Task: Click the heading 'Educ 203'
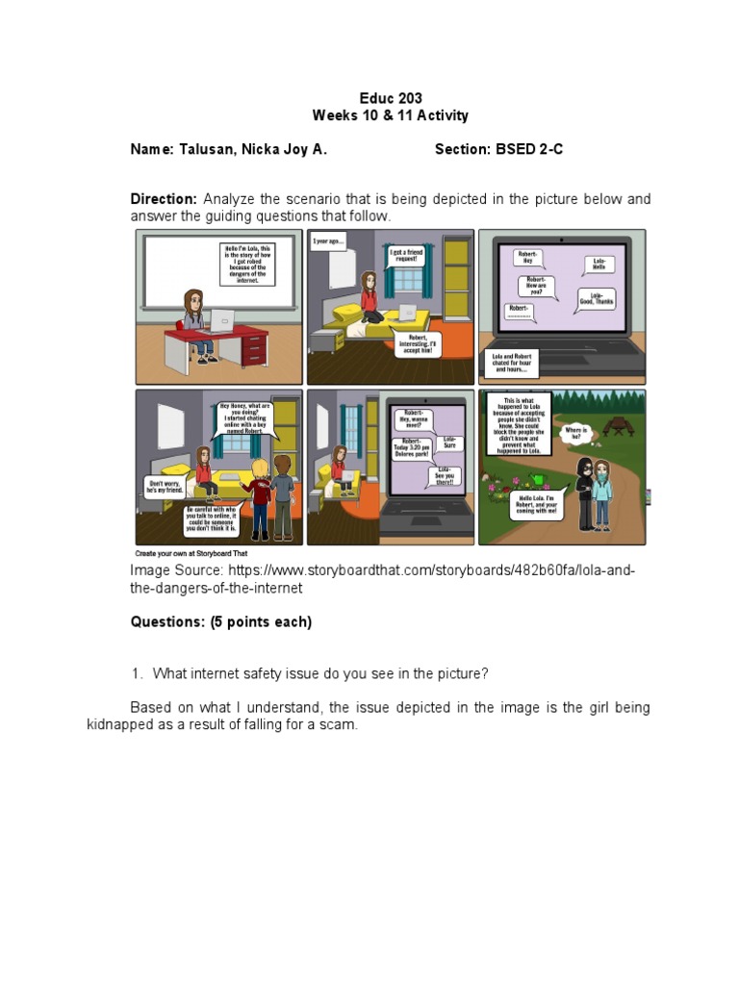[x=390, y=98]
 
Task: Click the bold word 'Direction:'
[x=164, y=199]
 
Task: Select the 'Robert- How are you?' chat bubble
[x=535, y=286]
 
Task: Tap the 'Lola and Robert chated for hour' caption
[x=515, y=364]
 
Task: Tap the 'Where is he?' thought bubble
[x=575, y=433]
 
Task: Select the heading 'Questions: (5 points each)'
[x=221, y=621]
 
